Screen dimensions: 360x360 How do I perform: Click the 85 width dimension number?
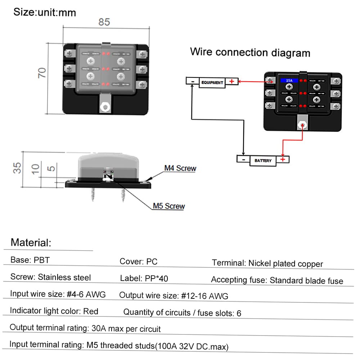pyautogui.click(x=104, y=22)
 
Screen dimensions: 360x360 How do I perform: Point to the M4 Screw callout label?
pyautogui.click(x=180, y=168)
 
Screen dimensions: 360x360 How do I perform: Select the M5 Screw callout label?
pyautogui.click(x=168, y=206)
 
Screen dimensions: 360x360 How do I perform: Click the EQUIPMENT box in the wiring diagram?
pyautogui.click(x=212, y=82)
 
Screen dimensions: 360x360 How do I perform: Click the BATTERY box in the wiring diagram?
pyautogui.click(x=263, y=161)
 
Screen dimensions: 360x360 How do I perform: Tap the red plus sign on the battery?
pyautogui.click(x=283, y=159)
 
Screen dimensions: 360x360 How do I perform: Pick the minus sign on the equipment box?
pyautogui.click(x=193, y=81)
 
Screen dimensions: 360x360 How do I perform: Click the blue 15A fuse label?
pyautogui.click(x=289, y=81)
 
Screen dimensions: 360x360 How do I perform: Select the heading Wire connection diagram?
pyautogui.click(x=250, y=52)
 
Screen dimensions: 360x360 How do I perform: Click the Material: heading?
pyautogui.click(x=31, y=242)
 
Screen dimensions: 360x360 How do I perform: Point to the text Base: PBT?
pyautogui.click(x=30, y=260)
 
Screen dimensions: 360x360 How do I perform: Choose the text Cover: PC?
pyautogui.click(x=139, y=261)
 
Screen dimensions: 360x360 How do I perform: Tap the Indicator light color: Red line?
pyautogui.click(x=54, y=311)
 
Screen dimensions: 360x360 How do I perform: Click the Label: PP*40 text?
pyautogui.click(x=144, y=278)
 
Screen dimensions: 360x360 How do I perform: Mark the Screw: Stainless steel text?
pyautogui.click(x=50, y=277)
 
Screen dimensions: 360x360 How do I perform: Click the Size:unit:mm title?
pyautogui.click(x=45, y=13)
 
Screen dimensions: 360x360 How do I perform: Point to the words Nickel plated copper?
pyautogui.click(x=285, y=264)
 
